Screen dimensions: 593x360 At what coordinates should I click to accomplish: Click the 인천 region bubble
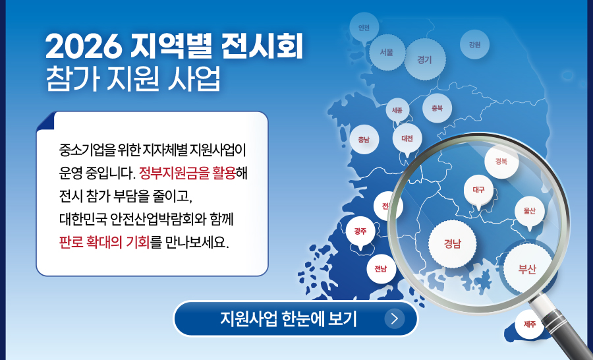pyautogui.click(x=364, y=27)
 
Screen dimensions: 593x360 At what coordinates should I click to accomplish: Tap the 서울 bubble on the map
pyautogui.click(x=387, y=52)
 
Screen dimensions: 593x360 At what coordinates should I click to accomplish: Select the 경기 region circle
pyautogui.click(x=425, y=59)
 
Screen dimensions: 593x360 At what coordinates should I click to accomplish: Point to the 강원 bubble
pyautogui.click(x=474, y=45)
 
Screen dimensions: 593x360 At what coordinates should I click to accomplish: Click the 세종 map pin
pyautogui.click(x=397, y=111)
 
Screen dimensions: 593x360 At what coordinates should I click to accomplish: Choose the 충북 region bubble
pyautogui.click(x=438, y=108)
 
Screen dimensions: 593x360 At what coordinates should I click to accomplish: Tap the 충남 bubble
pyautogui.click(x=364, y=139)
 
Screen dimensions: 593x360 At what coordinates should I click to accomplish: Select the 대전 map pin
pyautogui.click(x=407, y=138)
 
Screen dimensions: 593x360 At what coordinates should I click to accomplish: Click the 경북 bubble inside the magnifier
pyautogui.click(x=501, y=162)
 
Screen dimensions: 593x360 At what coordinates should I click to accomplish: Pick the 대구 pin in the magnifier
pyautogui.click(x=478, y=190)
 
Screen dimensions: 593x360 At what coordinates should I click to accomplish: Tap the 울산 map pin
pyautogui.click(x=530, y=211)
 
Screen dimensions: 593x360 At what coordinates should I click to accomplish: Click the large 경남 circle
pyautogui.click(x=452, y=243)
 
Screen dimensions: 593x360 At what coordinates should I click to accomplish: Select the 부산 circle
pyautogui.click(x=527, y=269)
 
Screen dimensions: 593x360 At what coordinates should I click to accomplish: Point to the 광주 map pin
pyautogui.click(x=360, y=231)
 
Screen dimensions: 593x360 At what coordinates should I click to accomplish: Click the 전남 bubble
pyautogui.click(x=381, y=269)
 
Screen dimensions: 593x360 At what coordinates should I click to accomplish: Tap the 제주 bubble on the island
pyautogui.click(x=530, y=324)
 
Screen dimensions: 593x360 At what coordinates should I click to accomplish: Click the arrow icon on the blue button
pyautogui.click(x=395, y=318)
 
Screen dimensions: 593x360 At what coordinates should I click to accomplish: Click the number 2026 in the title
pyautogui.click(x=84, y=47)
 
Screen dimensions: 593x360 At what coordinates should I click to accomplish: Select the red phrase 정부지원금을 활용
pyautogui.click(x=187, y=173)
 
